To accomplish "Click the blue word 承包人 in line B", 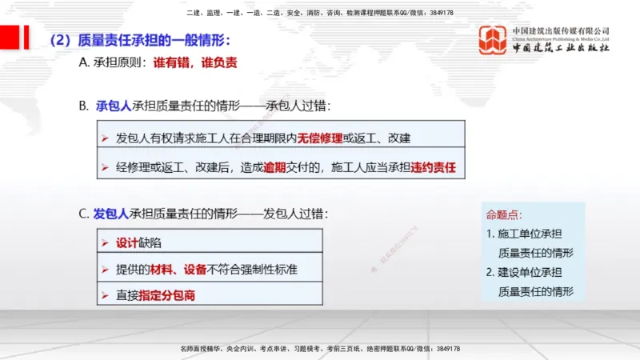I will [114, 106].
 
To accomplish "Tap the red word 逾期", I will [276, 168].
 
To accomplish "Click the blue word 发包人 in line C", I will [110, 214].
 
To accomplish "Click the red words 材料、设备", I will [173, 269].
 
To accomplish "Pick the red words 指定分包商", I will [167, 295].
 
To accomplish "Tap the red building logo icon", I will [492, 38].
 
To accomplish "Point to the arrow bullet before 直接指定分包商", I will [105, 295].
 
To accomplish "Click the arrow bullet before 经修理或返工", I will [105, 168].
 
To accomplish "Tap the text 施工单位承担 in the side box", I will [530, 234].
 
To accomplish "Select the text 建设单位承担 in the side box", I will [530, 272].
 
